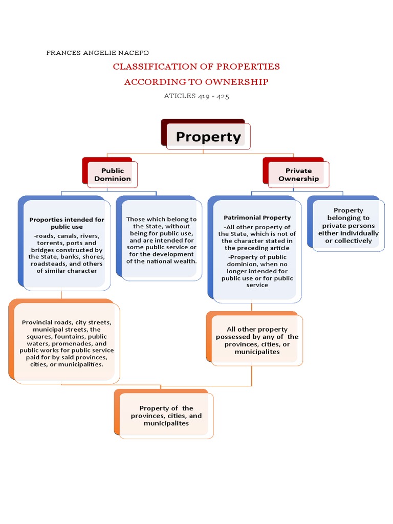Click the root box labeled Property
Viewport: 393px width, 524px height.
208,137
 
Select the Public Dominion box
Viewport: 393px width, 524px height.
112,174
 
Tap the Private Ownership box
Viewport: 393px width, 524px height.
298,174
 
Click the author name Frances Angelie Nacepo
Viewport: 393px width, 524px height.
98,53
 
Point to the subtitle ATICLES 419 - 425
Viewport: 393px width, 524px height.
196,96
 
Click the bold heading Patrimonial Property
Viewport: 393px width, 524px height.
257,217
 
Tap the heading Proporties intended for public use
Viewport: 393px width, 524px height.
67,223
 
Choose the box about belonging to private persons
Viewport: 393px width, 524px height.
348,225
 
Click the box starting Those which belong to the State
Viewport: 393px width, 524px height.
161,240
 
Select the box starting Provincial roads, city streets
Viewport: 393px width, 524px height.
67,343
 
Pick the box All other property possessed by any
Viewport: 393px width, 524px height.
257,340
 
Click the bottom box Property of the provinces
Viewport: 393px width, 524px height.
166,416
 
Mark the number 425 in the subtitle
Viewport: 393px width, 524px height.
222,96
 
